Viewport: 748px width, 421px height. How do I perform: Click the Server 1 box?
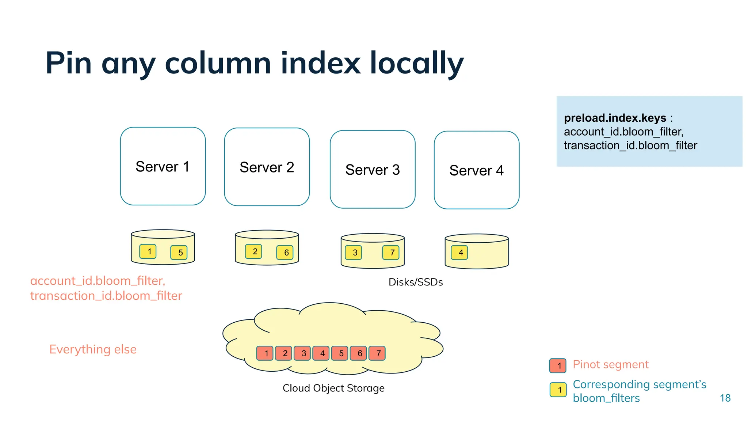pos(163,166)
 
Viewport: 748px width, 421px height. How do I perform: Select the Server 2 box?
pos(267,167)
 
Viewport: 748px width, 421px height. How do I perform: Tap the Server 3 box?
pos(373,170)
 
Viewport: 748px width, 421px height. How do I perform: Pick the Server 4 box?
pos(476,170)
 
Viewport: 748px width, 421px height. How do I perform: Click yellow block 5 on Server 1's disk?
pos(179,253)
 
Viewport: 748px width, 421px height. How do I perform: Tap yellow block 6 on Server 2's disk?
pos(285,253)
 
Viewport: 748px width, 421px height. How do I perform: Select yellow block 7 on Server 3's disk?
pos(391,253)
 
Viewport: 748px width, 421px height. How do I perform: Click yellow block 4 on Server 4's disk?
pos(459,253)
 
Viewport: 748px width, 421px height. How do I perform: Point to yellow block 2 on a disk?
pos(254,251)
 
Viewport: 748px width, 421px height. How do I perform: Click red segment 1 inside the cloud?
pos(265,353)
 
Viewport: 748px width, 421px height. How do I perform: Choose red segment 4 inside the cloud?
pos(321,353)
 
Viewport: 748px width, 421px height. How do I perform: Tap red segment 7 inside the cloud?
pos(377,353)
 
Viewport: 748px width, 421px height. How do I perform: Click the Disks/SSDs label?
pos(416,282)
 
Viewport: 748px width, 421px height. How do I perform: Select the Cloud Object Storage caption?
pos(333,388)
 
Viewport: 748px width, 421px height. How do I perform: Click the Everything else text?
pos(93,349)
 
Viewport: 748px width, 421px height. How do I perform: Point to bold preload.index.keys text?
pos(615,118)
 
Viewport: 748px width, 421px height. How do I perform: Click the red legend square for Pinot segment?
pos(558,365)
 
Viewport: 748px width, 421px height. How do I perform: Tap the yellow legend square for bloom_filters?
pos(558,390)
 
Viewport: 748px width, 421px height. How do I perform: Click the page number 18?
pos(725,398)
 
